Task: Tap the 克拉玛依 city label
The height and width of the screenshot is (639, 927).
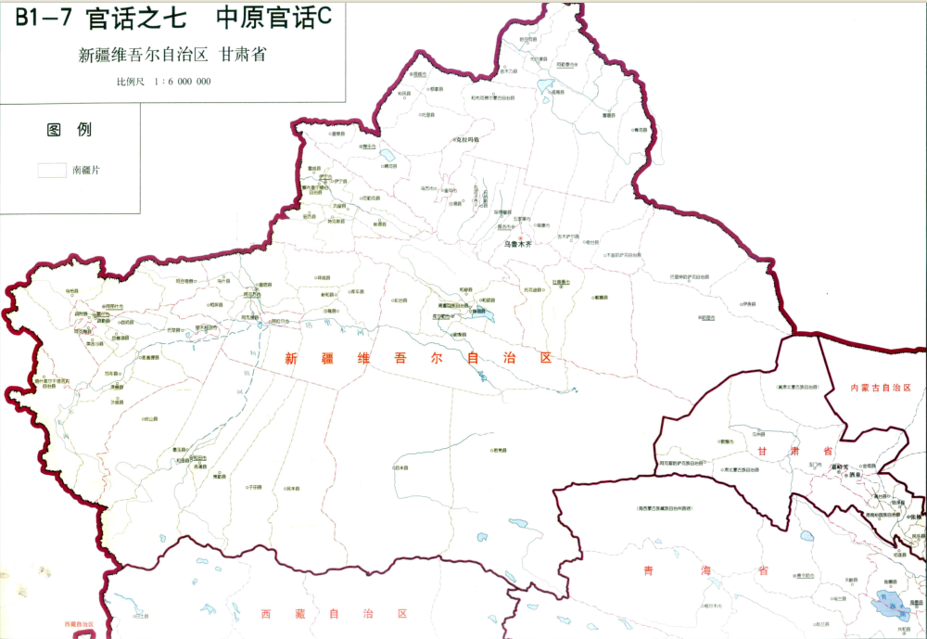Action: point(469,139)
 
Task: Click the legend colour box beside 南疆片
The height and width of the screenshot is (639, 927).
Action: point(51,170)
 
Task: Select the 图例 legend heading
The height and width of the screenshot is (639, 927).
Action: point(70,130)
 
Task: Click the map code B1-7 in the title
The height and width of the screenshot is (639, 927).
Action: point(39,17)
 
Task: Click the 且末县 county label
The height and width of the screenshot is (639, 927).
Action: point(400,467)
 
